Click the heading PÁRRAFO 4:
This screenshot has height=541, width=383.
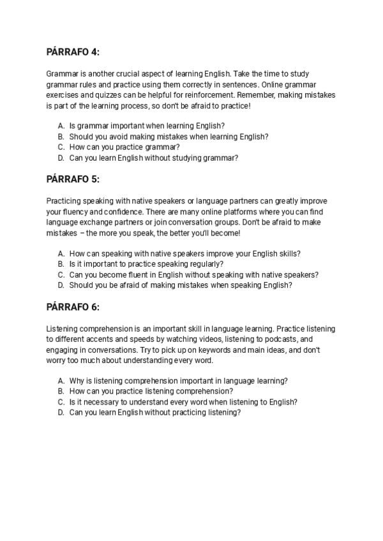[x=73, y=52]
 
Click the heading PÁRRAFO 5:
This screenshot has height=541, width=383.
[x=73, y=179]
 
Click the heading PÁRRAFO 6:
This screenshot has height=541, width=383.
[x=73, y=307]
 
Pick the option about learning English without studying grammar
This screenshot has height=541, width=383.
[x=154, y=158]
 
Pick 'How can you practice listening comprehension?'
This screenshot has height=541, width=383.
[x=151, y=391]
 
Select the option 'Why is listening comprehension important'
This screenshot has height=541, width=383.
[x=178, y=381]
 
